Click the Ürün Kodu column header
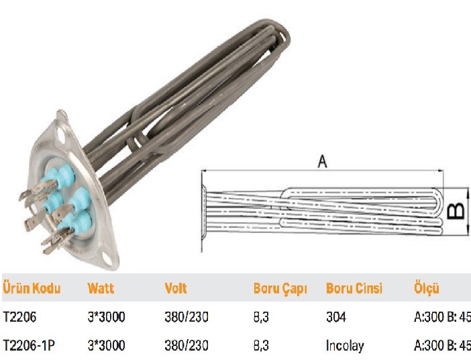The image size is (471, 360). point(32,288)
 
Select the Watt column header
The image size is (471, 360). point(101,288)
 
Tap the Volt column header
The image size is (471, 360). point(176,288)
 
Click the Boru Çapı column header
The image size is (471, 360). point(280,288)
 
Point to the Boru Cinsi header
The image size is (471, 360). point(354,288)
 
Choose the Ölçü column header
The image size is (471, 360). point(427,288)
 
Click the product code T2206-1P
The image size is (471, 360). point(29,345)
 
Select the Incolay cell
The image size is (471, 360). point(345,346)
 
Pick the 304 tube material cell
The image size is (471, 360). point(336,317)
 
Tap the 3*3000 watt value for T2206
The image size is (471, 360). point(106,317)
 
